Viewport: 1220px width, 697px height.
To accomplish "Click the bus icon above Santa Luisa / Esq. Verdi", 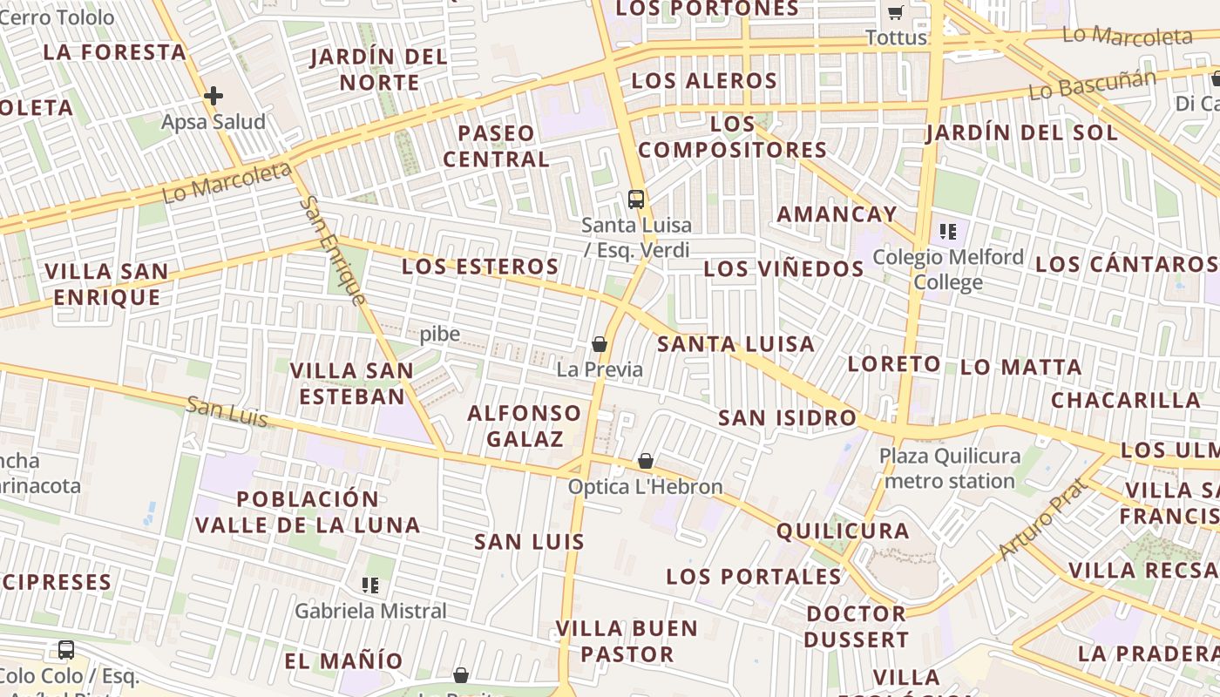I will pos(636,199).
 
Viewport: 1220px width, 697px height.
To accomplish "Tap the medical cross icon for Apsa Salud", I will pos(213,96).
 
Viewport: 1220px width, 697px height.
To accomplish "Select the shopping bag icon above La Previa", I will pos(600,344).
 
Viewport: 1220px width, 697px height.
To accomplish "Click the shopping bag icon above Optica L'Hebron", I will pos(646,461).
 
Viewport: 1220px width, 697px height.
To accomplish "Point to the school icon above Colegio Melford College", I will pos(948,232).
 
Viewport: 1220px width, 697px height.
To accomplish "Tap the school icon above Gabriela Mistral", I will pos(370,585).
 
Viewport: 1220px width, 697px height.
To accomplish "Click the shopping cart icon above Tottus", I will pos(895,13).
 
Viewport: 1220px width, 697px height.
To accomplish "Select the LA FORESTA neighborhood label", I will pos(115,52).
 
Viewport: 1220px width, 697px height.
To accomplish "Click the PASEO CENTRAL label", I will pos(497,146).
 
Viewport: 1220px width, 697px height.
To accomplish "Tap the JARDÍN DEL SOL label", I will pos(1021,132).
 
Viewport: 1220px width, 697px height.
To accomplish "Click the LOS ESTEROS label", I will pos(480,267).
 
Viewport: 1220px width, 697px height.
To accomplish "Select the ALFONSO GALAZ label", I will pos(525,425).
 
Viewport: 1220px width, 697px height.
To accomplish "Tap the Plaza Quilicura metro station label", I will pos(950,468).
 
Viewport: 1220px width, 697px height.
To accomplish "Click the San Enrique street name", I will pos(333,251).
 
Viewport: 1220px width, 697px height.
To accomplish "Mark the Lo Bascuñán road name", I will pos(1093,85).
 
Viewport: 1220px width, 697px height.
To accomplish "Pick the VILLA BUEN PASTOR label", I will pos(627,641).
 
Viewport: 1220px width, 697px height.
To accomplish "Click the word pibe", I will pos(440,335).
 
